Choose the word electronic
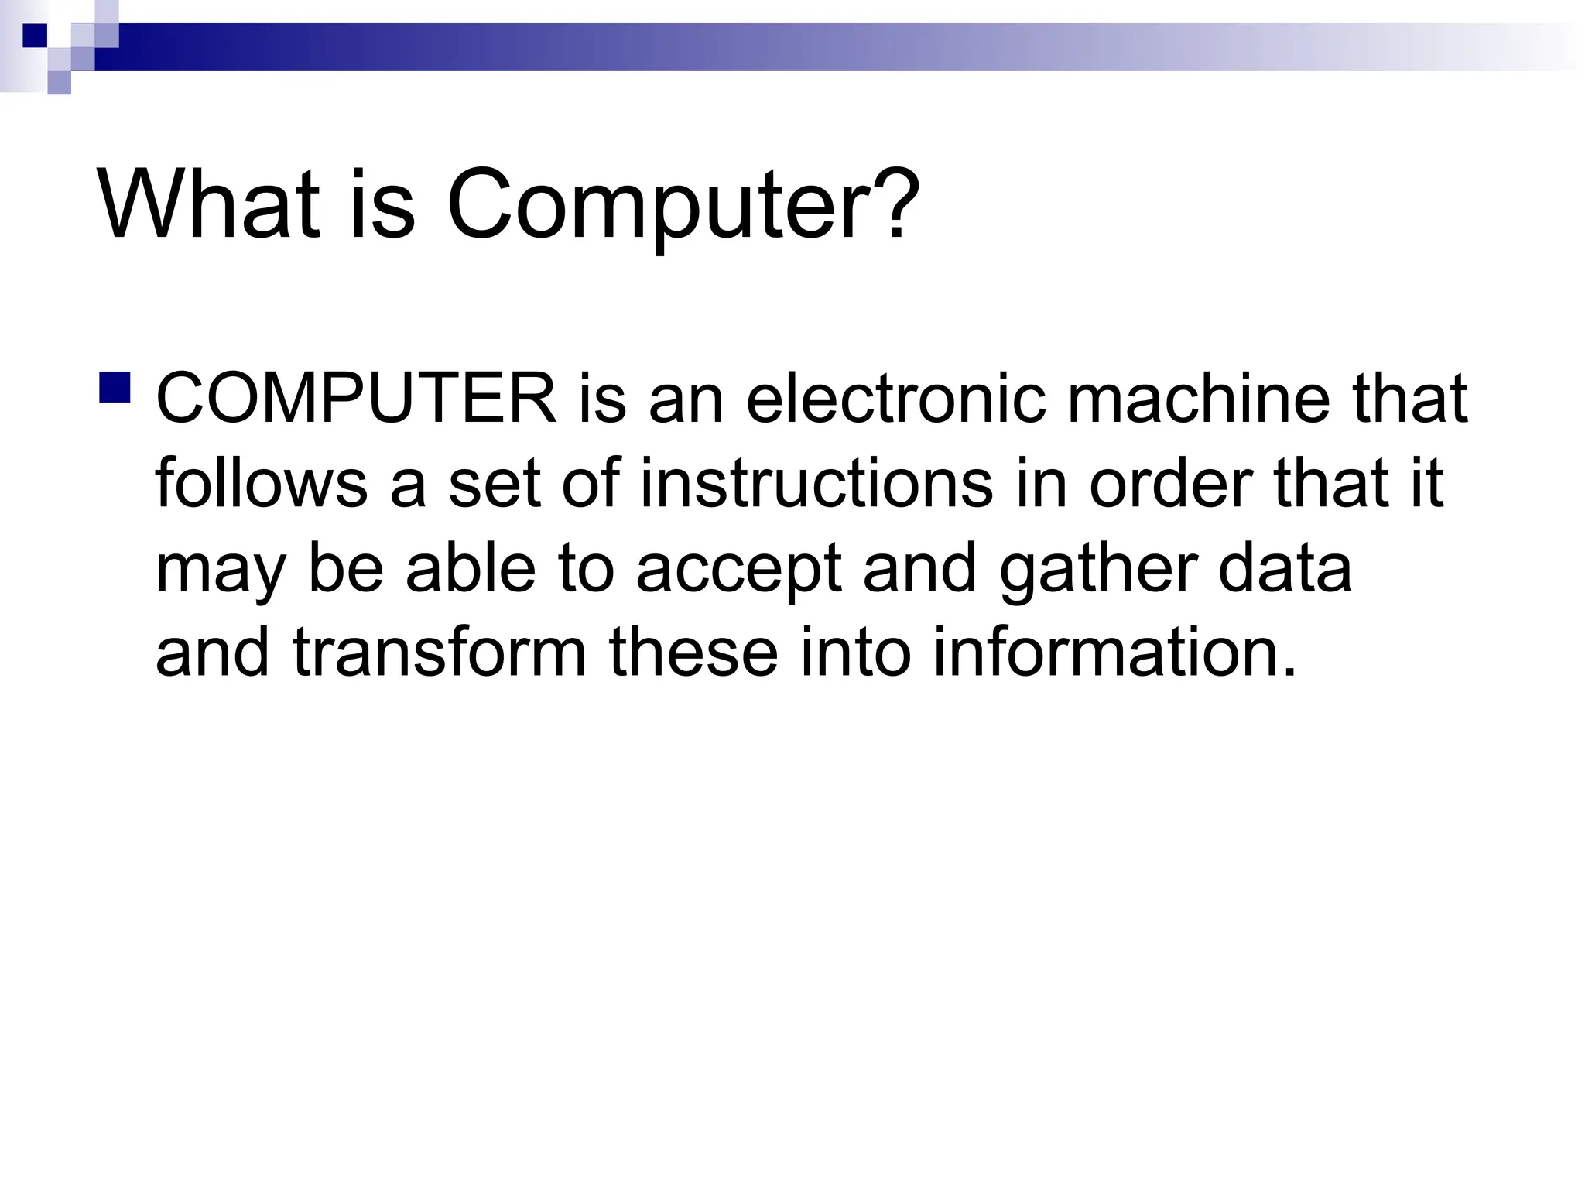[895, 399]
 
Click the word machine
[1198, 399]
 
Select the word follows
[261, 483]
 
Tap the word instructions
[816, 483]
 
